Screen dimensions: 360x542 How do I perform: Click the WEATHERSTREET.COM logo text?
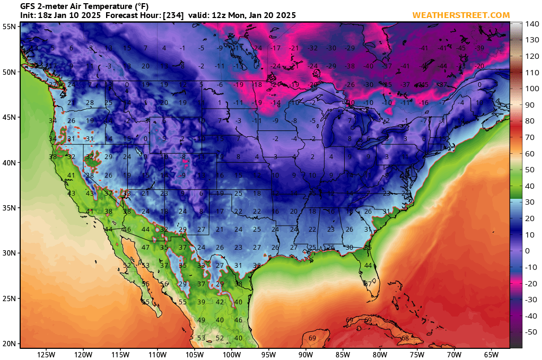[x=461, y=15]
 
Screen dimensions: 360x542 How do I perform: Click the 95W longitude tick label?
[x=268, y=354]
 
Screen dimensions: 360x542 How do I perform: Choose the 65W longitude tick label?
[x=491, y=354]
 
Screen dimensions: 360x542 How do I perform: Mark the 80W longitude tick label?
[x=380, y=354]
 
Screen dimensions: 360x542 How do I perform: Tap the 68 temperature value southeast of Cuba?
[x=405, y=338]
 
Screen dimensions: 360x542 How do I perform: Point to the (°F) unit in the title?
[x=139, y=6]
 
